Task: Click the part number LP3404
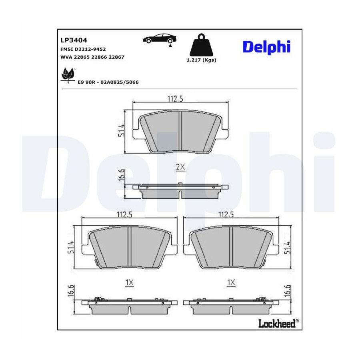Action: pos(74,40)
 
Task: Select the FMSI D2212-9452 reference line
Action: pos(83,49)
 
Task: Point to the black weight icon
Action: pos(201,46)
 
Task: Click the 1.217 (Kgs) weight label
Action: pos(201,60)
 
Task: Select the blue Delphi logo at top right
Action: pos(266,47)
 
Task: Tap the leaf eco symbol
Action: pos(68,74)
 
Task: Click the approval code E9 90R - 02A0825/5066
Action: pos(108,82)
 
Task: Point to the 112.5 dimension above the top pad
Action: pos(175,99)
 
